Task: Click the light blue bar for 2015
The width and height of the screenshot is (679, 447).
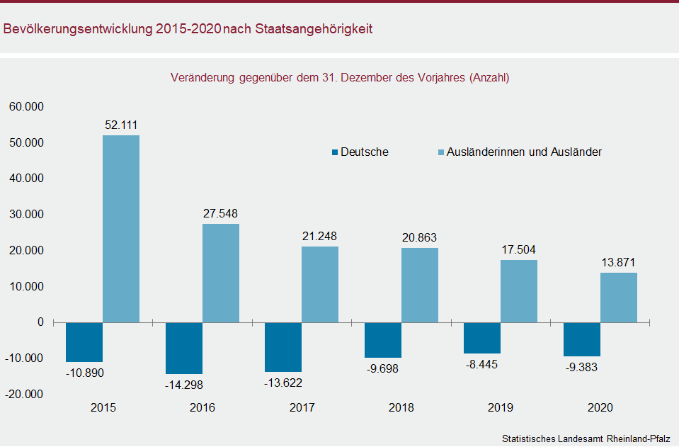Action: [x=121, y=229]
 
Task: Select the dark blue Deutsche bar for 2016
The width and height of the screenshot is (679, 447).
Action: [x=184, y=348]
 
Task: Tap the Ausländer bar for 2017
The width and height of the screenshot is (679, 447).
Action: [x=320, y=284]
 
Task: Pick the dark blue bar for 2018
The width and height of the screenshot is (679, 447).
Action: [x=383, y=340]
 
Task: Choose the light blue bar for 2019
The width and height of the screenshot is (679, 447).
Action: [x=519, y=291]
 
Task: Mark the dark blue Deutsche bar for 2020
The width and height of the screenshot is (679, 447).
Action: [x=582, y=339]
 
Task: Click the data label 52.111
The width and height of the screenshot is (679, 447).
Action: [x=121, y=125]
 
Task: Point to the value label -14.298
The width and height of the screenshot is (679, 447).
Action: [x=184, y=385]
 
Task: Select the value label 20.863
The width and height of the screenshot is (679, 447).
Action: [x=419, y=238]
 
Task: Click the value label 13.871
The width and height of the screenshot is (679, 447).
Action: [x=618, y=263]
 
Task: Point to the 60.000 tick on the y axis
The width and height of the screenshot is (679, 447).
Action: [x=26, y=106]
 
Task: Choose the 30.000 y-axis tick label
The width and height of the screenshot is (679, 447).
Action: [x=26, y=214]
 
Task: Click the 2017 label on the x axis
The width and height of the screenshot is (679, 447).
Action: [x=302, y=408]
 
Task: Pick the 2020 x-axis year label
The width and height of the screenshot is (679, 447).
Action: [x=600, y=408]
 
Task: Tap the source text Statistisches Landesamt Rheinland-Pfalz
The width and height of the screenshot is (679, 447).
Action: [x=586, y=438]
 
